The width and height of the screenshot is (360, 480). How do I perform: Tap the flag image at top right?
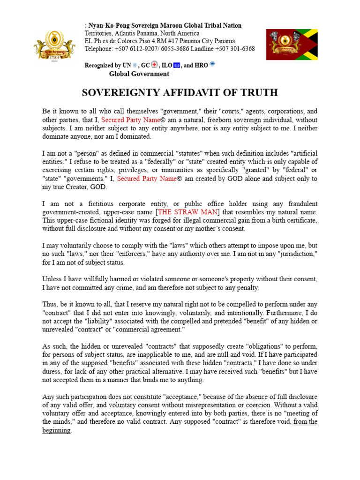(x=292, y=45)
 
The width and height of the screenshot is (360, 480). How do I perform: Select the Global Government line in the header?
(x=139, y=74)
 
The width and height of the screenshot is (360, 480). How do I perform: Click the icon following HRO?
(x=212, y=65)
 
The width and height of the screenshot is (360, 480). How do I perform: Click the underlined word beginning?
(x=56, y=430)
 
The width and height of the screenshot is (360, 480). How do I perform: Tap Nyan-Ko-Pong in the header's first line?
(x=107, y=25)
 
